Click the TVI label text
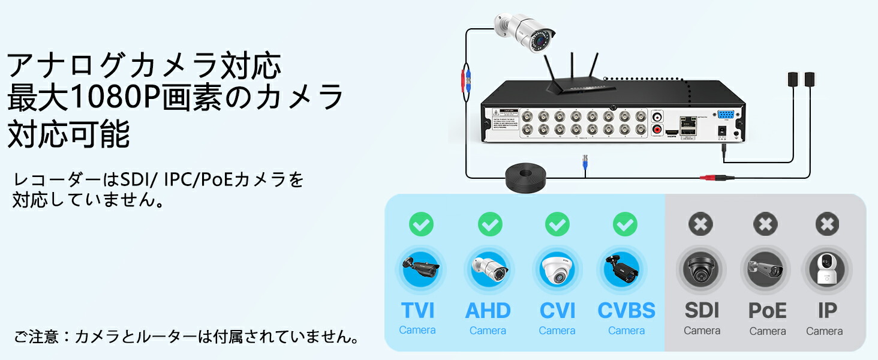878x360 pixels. pos(417,311)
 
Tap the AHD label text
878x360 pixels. pos(488,311)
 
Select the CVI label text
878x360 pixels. pos(557,311)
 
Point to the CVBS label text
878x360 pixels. pos(626,311)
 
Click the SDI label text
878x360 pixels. pos(702,311)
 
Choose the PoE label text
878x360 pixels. pos(767,311)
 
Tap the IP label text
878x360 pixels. pos(827,311)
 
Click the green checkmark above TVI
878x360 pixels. pos(421,224)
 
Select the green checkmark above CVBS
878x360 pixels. pos(625,224)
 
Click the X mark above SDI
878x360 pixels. pos(700,224)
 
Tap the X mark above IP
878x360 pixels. pos(827,224)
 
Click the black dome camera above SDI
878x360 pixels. pos(700,270)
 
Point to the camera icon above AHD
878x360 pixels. pos(489,269)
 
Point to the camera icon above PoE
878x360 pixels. pos(765,269)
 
